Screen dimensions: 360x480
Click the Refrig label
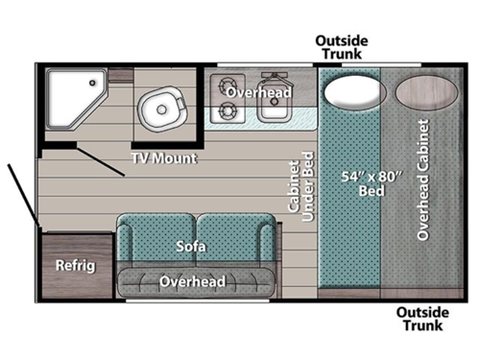(x=74, y=265)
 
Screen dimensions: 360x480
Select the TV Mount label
(x=164, y=157)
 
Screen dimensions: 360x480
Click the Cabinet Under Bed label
(x=300, y=188)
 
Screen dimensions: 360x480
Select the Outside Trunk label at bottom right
(x=421, y=320)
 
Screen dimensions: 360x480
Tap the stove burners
(x=233, y=101)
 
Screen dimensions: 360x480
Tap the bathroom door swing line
(x=100, y=161)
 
